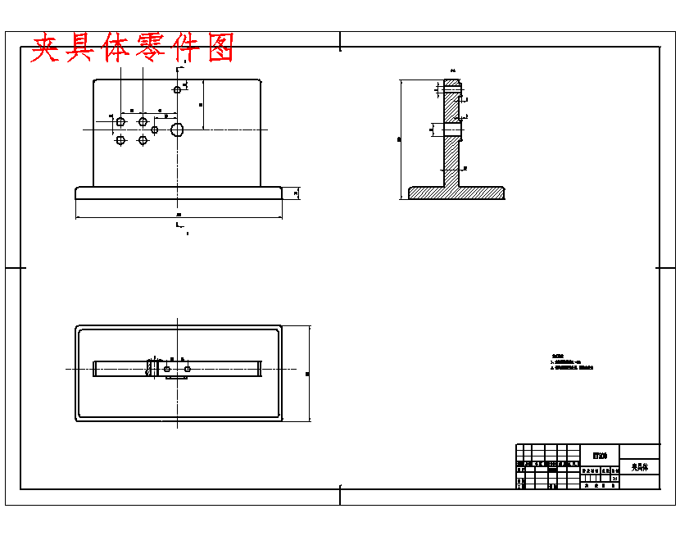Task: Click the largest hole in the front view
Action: coord(177,129)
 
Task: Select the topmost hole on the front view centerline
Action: coord(177,89)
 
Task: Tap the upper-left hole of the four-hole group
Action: coord(120,122)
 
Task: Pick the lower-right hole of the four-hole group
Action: coord(143,140)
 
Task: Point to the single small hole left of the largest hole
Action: coord(155,129)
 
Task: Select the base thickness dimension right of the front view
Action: coord(296,193)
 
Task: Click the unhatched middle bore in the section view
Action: coord(452,129)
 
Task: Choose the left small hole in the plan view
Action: coord(167,370)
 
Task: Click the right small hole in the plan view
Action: coord(188,370)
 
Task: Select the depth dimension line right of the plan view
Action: coord(310,374)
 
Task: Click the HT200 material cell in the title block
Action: coord(600,456)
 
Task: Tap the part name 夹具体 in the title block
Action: coord(639,467)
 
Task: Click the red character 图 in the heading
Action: coord(217,48)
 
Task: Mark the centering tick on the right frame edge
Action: coord(665,268)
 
